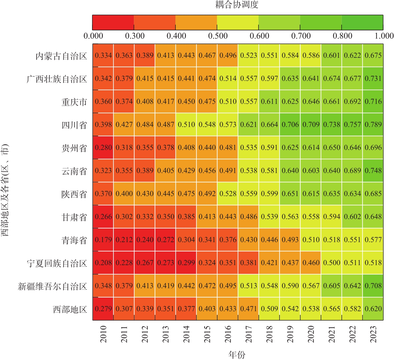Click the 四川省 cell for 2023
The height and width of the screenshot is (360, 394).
(x=373, y=124)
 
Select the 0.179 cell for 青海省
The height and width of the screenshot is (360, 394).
(x=103, y=240)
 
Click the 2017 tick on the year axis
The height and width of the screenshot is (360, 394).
(x=249, y=334)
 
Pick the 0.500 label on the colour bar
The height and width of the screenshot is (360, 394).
(x=218, y=36)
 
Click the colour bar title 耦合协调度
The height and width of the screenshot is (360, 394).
(x=237, y=4)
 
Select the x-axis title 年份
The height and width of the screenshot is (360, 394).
(x=237, y=355)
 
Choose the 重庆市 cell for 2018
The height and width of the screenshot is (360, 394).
(x=269, y=101)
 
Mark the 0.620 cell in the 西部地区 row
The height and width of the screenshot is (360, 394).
(x=373, y=309)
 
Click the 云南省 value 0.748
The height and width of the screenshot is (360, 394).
(x=373, y=170)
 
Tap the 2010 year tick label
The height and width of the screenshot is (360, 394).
(x=103, y=334)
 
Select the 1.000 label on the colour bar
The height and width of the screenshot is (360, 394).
(x=384, y=36)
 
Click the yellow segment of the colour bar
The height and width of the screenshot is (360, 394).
(x=238, y=22)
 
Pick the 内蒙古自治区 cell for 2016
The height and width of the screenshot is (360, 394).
(x=228, y=55)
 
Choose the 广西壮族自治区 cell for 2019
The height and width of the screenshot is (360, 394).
(x=290, y=78)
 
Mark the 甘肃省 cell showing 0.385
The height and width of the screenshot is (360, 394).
(x=186, y=217)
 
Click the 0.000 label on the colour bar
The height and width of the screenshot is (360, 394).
(x=93, y=36)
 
